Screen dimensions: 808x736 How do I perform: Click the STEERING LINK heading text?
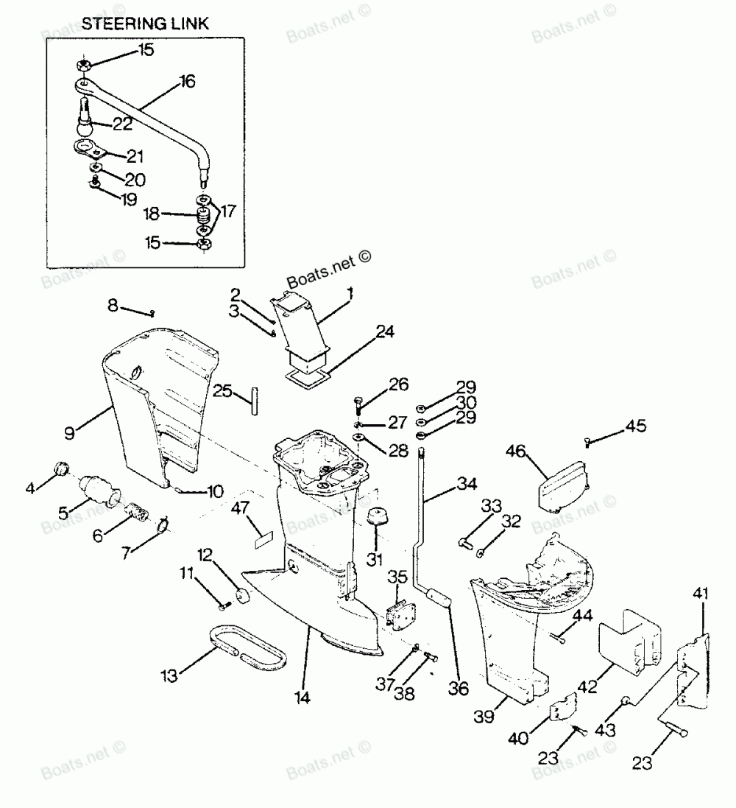(145, 23)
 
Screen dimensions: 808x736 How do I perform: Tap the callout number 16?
(187, 82)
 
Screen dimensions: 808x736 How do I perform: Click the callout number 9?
(70, 433)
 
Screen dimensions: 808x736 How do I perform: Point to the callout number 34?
(467, 484)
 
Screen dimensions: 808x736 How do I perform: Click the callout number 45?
(636, 426)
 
